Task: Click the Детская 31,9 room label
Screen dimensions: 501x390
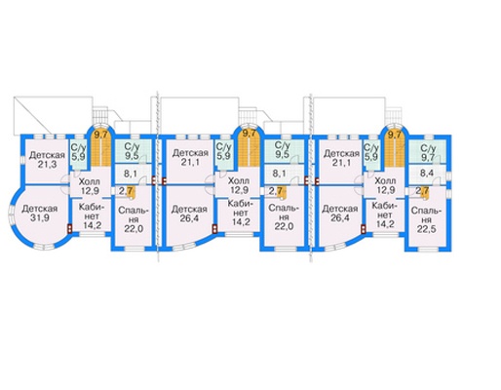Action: (x=40, y=214)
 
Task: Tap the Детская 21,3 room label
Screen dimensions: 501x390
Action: (x=47, y=160)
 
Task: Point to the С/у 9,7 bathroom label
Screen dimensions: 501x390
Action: (x=428, y=152)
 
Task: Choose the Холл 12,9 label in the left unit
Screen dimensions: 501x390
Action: (x=90, y=186)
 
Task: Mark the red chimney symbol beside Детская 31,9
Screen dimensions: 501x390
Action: (x=70, y=229)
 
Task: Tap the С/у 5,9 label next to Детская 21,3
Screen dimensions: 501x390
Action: (x=79, y=153)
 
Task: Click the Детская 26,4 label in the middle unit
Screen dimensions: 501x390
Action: (x=189, y=214)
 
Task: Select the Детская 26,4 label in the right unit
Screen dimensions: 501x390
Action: (x=340, y=214)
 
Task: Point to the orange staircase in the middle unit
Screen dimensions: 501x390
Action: (x=249, y=148)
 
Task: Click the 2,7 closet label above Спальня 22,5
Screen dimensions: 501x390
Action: (x=422, y=190)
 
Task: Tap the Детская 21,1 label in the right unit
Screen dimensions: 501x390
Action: (x=341, y=158)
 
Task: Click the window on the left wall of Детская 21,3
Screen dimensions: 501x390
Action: (x=23, y=160)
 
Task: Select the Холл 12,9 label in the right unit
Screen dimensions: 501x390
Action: (x=385, y=185)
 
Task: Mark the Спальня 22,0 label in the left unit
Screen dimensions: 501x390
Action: (x=134, y=219)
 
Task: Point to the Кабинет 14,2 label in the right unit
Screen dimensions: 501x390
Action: (x=382, y=214)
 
